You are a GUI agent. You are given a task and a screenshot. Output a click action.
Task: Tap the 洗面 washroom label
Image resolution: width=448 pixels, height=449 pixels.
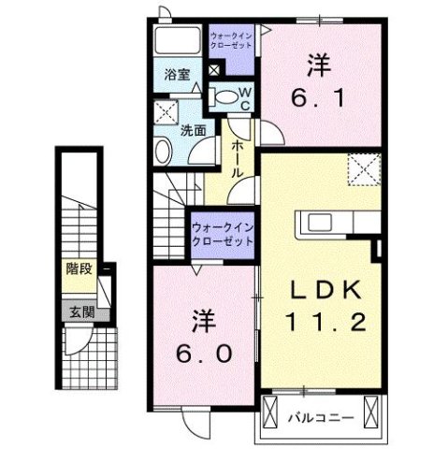pyautogui.click(x=194, y=131)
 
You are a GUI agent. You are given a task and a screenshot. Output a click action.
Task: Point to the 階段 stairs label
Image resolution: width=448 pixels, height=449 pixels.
pyautogui.click(x=79, y=269)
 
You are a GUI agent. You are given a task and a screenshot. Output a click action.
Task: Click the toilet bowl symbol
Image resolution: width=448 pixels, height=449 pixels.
pyautogui.click(x=224, y=94)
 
